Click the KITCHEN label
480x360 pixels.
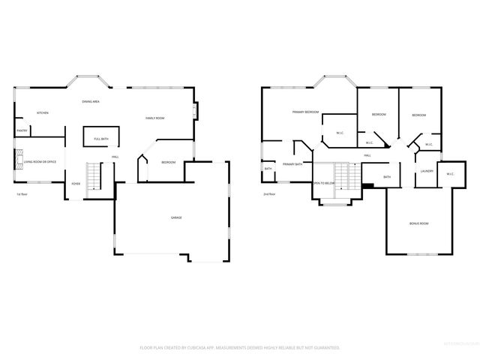click(x=43, y=113)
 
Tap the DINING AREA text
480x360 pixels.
click(x=91, y=101)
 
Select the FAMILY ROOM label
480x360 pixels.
click(x=154, y=118)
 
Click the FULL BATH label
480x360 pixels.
click(x=100, y=139)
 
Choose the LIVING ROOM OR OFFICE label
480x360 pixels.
click(x=40, y=162)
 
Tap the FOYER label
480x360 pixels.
click(x=76, y=183)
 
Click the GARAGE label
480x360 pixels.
click(x=176, y=217)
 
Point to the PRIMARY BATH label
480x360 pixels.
click(x=292, y=164)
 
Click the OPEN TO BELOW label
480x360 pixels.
click(x=323, y=183)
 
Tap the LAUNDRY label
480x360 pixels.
click(x=427, y=171)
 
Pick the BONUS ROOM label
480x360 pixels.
click(x=418, y=223)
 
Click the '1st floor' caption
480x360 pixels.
click(x=22, y=194)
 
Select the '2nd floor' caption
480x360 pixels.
click(x=269, y=194)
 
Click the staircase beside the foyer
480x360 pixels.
click(x=94, y=177)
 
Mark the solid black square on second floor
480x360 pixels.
click(x=367, y=187)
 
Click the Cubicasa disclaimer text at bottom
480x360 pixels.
click(x=240, y=347)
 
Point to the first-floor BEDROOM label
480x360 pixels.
click(x=168, y=163)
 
